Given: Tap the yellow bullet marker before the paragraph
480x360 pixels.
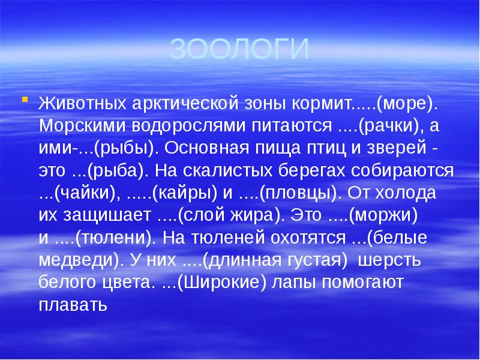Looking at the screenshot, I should (25, 98).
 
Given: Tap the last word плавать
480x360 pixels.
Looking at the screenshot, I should (73, 305).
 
